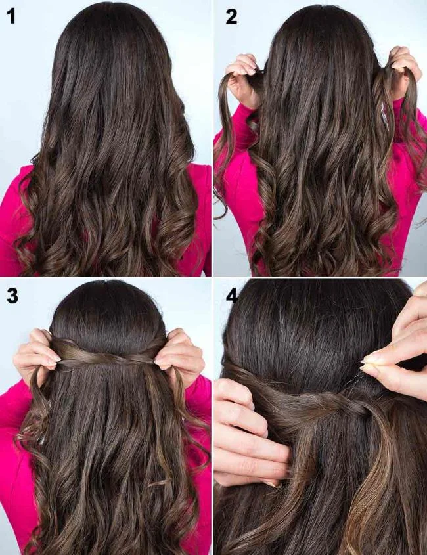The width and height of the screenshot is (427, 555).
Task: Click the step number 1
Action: [11, 16]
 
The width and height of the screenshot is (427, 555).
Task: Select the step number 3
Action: [12, 296]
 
